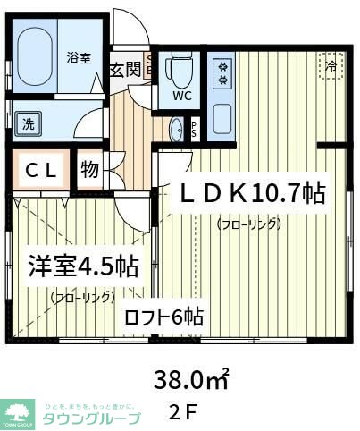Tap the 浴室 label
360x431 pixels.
(79, 57)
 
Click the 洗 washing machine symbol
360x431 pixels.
(28, 125)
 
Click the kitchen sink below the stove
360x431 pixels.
(222, 116)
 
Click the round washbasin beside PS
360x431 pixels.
(176, 128)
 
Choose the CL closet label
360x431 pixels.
(41, 170)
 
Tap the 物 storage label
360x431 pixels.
(89, 168)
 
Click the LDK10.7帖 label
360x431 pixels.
(253, 194)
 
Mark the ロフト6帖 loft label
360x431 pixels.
(163, 317)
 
